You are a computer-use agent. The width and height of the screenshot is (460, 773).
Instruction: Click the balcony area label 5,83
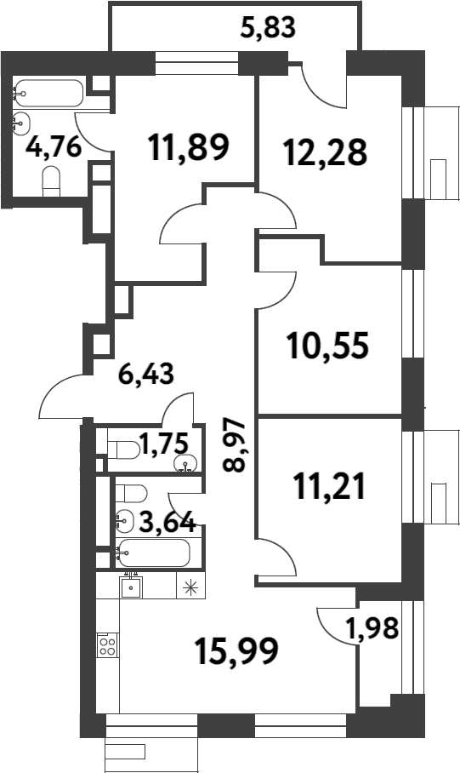(268, 27)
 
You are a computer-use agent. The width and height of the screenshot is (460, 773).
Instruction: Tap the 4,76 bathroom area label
(54, 147)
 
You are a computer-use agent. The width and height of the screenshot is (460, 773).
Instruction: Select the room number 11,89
(189, 147)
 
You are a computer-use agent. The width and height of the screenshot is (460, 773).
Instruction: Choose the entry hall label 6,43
(146, 375)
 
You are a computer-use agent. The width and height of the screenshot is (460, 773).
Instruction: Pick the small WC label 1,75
(164, 443)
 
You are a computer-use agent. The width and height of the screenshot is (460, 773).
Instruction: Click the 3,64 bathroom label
(168, 522)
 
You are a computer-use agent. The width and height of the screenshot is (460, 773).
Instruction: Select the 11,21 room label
(329, 485)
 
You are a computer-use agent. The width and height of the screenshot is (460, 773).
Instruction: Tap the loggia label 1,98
(372, 628)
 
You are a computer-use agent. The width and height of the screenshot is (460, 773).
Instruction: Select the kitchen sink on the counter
(131, 587)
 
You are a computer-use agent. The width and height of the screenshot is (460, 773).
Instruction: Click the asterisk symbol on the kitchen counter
(190, 587)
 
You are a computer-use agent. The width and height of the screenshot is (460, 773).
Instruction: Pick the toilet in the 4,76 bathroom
(51, 181)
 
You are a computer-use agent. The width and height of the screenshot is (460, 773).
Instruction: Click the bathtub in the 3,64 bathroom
(154, 553)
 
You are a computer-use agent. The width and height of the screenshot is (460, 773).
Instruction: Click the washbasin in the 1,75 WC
(186, 464)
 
